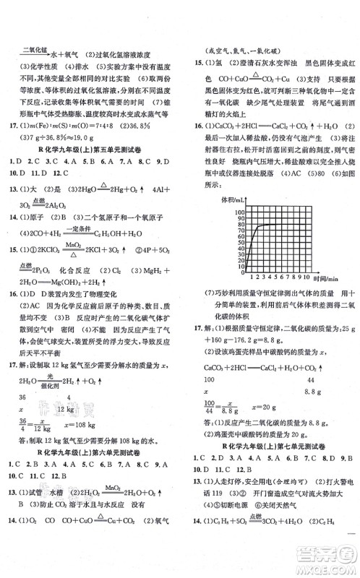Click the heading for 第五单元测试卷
[x=90, y=142]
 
